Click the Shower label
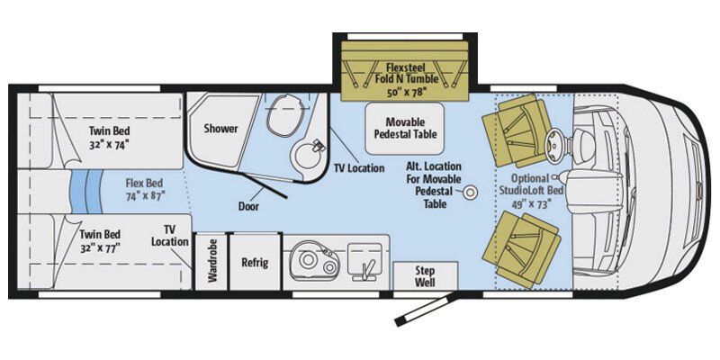tap(220, 129)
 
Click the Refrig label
tap(255, 263)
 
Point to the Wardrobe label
tap(212, 262)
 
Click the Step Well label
tap(426, 274)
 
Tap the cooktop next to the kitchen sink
tap(362, 259)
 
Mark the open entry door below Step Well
tap(430, 309)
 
